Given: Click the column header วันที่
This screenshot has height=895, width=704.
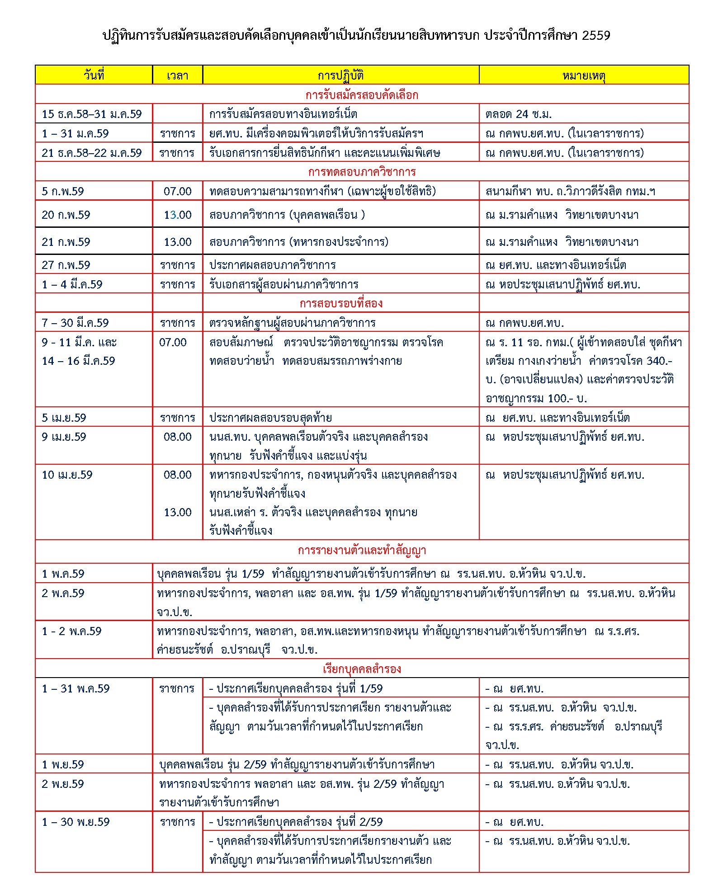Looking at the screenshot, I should pos(94,75).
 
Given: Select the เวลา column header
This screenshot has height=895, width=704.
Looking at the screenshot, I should pos(177,75).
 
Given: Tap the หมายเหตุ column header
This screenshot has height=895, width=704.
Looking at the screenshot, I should pos(584,75).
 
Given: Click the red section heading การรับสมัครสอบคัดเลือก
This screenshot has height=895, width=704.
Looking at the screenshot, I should pos(362,95).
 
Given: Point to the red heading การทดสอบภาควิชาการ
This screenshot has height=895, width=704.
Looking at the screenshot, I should pos(362,172).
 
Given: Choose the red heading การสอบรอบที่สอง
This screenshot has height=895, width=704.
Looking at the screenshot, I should pos(341,303).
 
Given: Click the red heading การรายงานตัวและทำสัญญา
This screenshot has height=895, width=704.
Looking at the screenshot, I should pos(362,551).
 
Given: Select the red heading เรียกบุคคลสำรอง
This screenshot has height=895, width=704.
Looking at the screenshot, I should pos(362,669).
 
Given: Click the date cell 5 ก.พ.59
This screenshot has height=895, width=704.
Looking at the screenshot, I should pos(63,191).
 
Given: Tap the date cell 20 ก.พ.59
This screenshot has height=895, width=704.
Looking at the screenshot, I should pos(66,215).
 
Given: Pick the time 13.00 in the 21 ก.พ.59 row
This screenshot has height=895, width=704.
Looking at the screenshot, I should pos(178,242).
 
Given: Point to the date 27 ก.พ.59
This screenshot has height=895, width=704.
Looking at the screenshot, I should pos(66,265).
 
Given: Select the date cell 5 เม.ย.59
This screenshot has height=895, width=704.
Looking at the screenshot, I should pos(64,418).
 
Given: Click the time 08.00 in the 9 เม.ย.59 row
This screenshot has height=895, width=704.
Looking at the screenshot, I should pos(178,437).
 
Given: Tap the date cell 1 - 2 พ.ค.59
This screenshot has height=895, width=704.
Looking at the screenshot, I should pos(71,631).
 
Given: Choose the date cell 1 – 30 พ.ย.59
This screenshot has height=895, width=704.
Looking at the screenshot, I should pos(76,822).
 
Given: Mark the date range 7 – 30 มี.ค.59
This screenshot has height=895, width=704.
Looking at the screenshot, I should pos(75,323).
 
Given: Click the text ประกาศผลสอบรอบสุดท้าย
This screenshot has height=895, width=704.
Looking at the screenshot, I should pos(270,418).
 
